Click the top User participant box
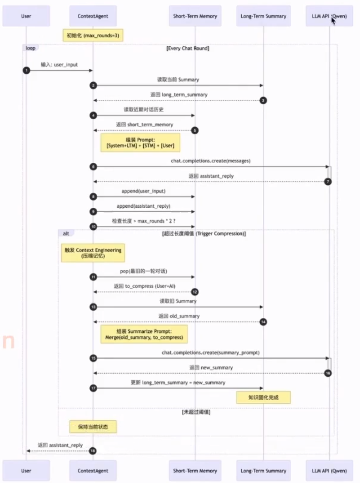pyautogui.click(x=26, y=16)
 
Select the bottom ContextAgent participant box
pyautogui.click(x=93, y=471)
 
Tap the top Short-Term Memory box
pyautogui.click(x=195, y=16)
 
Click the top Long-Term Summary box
pyautogui.click(x=263, y=16)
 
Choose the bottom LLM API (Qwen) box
pyautogui.click(x=329, y=471)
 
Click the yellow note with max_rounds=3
pyautogui.click(x=93, y=35)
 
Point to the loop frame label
pyautogui.click(x=30, y=48)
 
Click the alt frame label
pyautogui.click(x=66, y=234)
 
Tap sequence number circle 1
pyautogui.click(x=26, y=71)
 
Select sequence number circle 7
pyautogui.click(x=328, y=182)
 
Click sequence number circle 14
pyautogui.click(x=263, y=322)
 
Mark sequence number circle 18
pyautogui.click(x=93, y=451)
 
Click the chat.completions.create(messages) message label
pyautogui.click(x=211, y=161)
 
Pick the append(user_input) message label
pyautogui.click(x=143, y=191)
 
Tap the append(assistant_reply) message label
pyautogui.click(x=143, y=206)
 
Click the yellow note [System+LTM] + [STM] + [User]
pyautogui.click(x=140, y=143)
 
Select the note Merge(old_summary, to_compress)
pyautogui.click(x=144, y=334)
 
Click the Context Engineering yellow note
pyautogui.click(x=93, y=253)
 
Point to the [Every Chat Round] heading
pyautogui.click(x=188, y=48)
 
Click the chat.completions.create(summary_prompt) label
pyautogui.click(x=211, y=353)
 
